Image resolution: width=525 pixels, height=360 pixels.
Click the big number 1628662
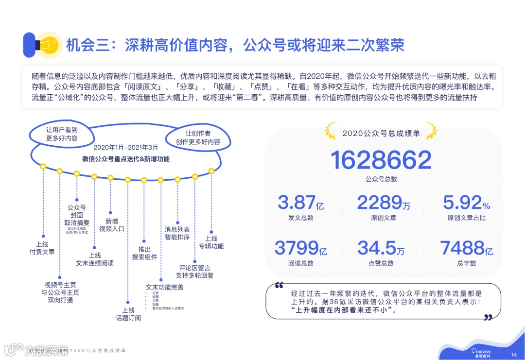tap(381, 160)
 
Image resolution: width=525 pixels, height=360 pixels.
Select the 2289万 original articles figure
tap(384, 203)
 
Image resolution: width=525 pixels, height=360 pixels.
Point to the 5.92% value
tap(466, 203)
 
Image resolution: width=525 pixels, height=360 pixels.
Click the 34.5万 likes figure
tap(381, 248)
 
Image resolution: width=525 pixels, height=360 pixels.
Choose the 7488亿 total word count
tap(466, 248)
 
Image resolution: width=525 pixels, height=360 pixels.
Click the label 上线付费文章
tap(42, 248)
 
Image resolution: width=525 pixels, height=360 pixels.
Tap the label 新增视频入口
tap(112, 224)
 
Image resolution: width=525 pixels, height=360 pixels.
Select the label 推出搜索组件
tap(144, 253)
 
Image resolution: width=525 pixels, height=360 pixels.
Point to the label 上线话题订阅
tap(128, 314)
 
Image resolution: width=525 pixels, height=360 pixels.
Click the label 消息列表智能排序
tap(177, 233)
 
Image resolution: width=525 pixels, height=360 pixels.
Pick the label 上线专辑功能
tap(211, 242)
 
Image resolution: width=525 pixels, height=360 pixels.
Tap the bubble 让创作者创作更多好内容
tap(198, 137)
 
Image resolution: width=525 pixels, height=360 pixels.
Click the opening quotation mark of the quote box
tap(279, 286)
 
